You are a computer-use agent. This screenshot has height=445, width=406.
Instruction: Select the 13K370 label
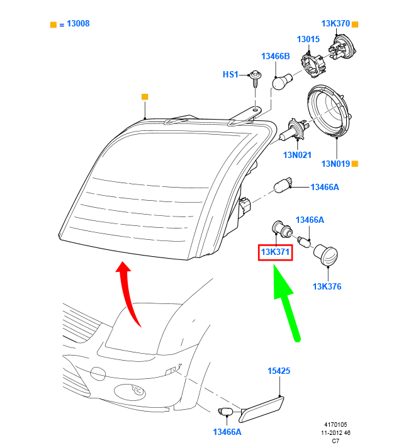click(335, 24)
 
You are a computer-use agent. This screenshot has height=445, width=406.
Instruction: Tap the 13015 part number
click(308, 39)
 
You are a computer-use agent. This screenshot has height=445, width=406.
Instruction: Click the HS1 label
click(230, 74)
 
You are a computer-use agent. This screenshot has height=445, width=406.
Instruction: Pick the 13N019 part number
click(335, 164)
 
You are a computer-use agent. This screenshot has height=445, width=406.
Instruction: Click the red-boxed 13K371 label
click(275, 253)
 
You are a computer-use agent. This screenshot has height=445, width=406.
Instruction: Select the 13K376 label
click(327, 287)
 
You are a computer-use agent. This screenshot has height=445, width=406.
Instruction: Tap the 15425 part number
click(279, 371)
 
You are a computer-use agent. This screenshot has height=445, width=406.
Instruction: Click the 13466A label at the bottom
click(227, 432)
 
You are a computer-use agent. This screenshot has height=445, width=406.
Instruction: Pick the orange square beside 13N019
click(355, 164)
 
